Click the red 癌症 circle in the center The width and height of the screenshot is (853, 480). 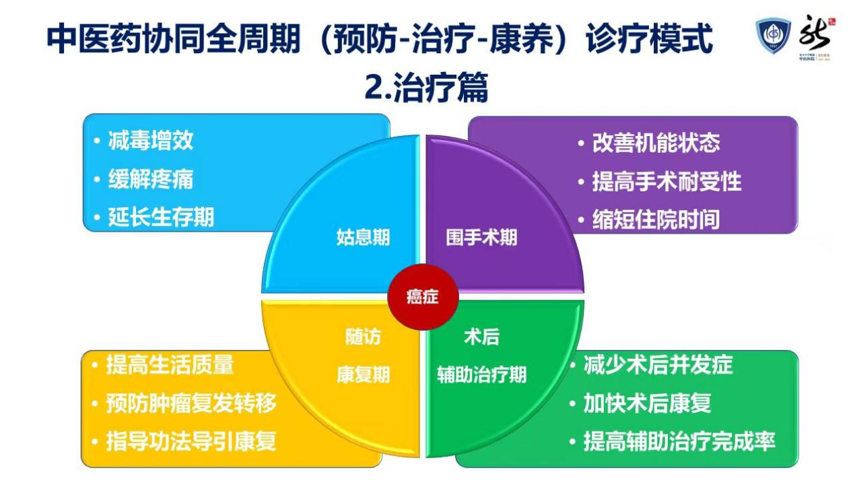[423, 297]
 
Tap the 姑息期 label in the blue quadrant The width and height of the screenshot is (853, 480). [363, 238]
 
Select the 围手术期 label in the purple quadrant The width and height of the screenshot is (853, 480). [481, 238]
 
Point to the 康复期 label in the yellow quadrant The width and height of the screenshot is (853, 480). [363, 375]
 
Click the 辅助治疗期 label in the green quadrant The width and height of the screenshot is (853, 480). [481, 375]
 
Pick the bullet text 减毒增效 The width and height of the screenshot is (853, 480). [151, 141]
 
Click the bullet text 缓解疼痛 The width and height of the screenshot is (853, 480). [151, 179]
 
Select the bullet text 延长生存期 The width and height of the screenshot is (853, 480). [161, 217]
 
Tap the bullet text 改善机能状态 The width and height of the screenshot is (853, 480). [656, 143]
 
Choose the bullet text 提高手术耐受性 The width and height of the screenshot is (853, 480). [667, 181]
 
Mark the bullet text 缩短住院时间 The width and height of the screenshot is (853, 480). [656, 219]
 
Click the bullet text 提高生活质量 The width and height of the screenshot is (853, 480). [170, 365]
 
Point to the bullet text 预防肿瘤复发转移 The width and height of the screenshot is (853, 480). [191, 403]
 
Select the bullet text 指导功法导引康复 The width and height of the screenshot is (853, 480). [191, 442]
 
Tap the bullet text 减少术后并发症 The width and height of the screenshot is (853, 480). [657, 365]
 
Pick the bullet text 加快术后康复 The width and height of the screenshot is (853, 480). [647, 403]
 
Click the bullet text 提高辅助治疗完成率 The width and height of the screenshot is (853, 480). [679, 442]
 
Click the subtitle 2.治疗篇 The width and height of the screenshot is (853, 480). [425, 88]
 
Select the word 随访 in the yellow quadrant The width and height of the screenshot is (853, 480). [363, 337]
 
